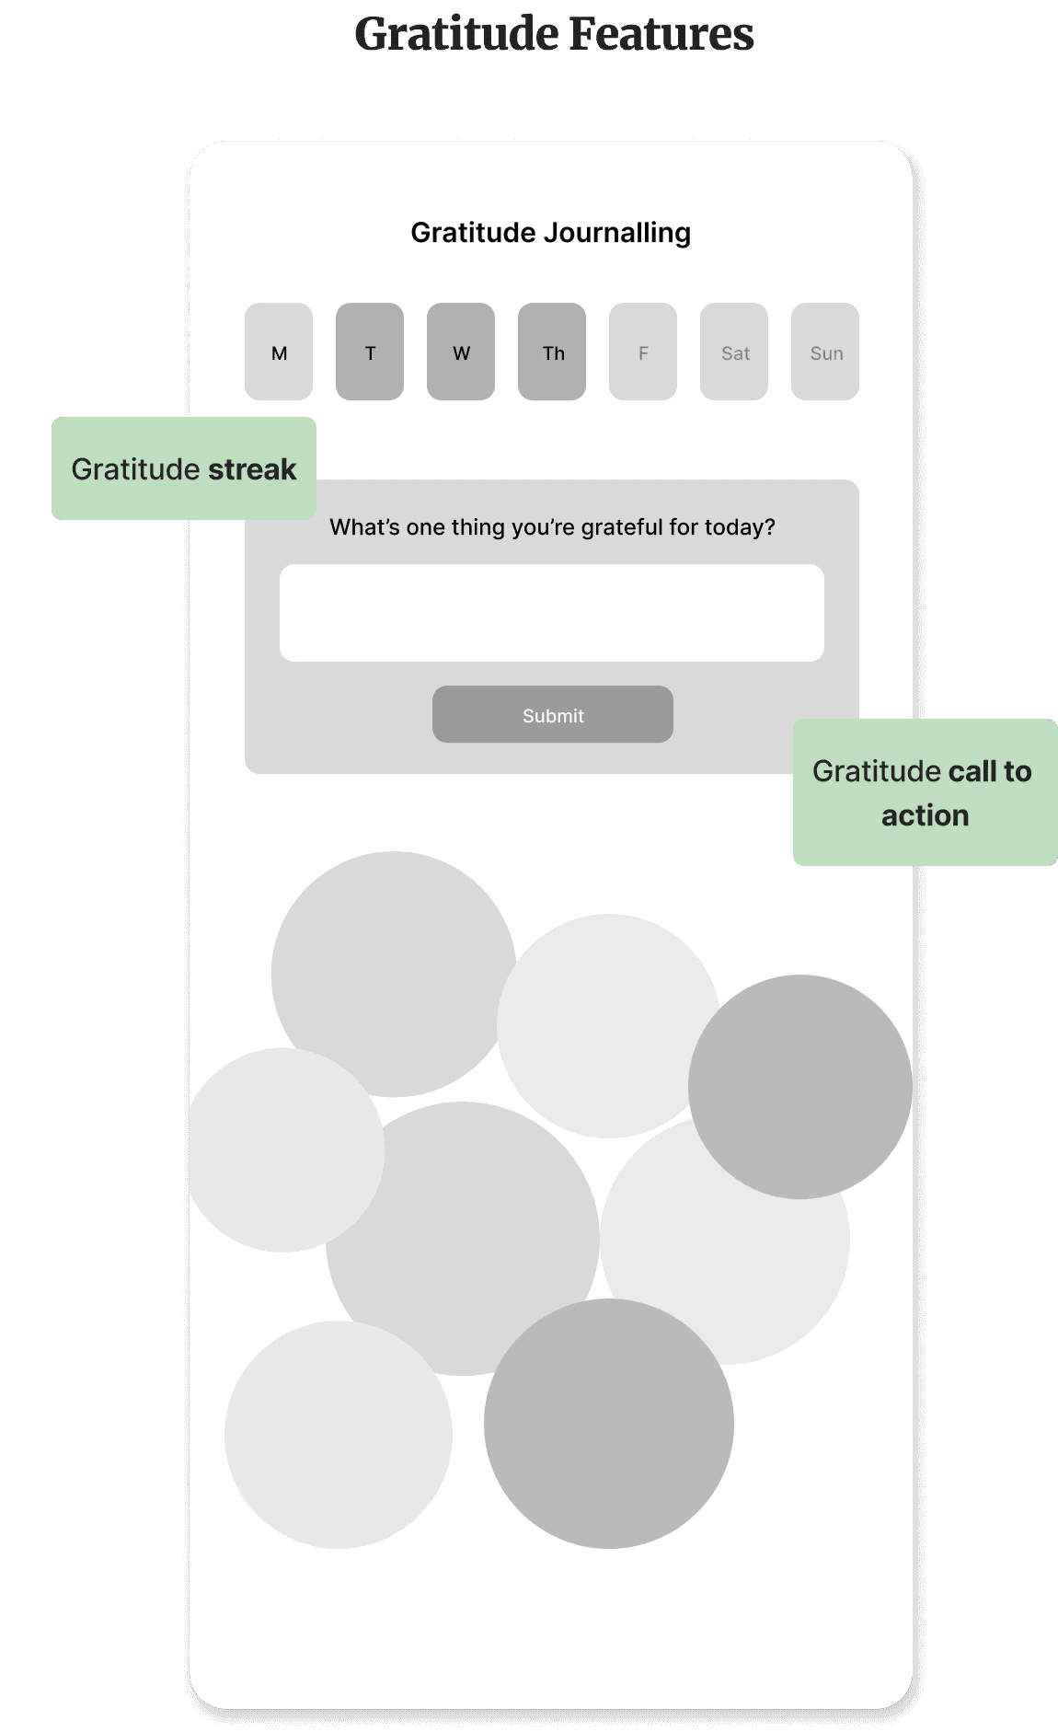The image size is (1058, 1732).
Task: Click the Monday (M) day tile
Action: click(279, 352)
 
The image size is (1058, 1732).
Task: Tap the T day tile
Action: click(370, 352)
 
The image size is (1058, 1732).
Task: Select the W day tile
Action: click(461, 352)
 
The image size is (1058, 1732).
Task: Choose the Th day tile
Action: click(552, 352)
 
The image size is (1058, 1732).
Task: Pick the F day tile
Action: click(643, 352)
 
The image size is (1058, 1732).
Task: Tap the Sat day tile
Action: click(734, 352)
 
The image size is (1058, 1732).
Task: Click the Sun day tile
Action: click(825, 352)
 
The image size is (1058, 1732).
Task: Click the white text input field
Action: click(552, 613)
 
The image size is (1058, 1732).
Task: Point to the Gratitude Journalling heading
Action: click(550, 233)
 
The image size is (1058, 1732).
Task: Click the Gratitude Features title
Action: click(554, 35)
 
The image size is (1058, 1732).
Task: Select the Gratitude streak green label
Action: click(184, 468)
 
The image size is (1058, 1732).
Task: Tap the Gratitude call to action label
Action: click(925, 792)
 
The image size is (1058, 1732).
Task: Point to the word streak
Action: click(252, 469)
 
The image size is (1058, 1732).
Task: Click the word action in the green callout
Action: click(925, 815)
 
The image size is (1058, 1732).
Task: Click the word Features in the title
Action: click(661, 35)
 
